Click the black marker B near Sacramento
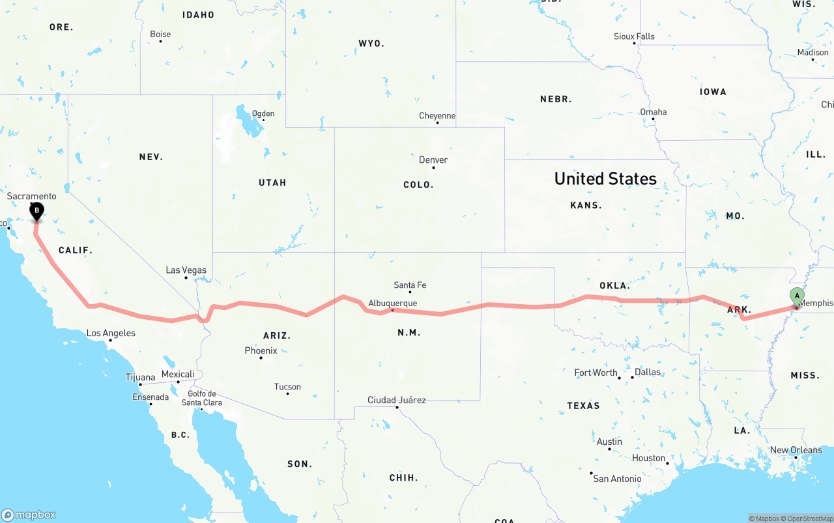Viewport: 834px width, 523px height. point(37,210)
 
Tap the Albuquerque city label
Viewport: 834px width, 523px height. point(392,303)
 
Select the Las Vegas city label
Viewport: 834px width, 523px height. point(186,270)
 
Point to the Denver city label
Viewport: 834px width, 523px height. point(433,160)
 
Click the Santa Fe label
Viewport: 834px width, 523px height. point(410,285)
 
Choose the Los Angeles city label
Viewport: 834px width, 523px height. point(111,333)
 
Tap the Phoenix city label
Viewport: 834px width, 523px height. point(261,350)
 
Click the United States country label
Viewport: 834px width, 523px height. point(605,178)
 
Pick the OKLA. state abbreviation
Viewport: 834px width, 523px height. point(614,285)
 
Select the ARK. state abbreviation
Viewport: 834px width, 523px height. point(739,309)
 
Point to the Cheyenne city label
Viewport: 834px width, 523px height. point(437,116)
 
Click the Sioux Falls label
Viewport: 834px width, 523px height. point(634,36)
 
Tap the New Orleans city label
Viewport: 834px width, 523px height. point(796,450)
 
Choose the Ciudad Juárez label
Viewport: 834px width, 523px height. point(397,400)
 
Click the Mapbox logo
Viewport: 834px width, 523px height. point(29,515)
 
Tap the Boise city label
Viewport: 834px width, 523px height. point(160,34)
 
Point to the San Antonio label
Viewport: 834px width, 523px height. point(617,479)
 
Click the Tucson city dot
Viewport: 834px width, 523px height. point(287,393)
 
